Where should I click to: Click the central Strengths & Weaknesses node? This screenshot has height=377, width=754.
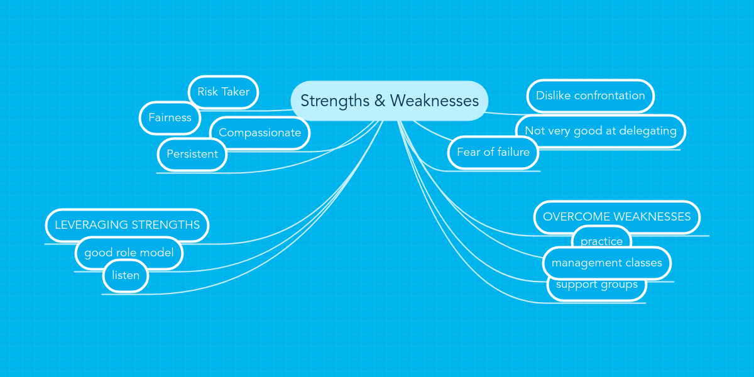[x=389, y=101]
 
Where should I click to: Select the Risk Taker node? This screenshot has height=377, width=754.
[x=223, y=92]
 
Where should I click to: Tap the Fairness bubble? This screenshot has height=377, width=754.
[x=170, y=117]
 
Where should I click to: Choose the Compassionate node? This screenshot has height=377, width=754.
[x=260, y=133]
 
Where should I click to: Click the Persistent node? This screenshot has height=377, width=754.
[x=192, y=154]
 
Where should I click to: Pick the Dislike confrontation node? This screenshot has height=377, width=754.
[x=590, y=96]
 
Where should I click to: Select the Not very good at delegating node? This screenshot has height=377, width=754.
[x=600, y=131]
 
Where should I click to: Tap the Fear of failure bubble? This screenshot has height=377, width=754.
[x=493, y=152]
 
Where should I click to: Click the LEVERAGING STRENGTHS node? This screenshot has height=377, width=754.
[x=127, y=225]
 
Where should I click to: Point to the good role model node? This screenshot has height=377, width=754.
[x=129, y=253]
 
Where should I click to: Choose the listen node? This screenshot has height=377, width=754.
[x=126, y=275]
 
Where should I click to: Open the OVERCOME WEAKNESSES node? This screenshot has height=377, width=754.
[x=616, y=217]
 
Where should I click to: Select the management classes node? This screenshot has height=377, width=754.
[x=606, y=263]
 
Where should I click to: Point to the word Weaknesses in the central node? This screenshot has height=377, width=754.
[x=434, y=101]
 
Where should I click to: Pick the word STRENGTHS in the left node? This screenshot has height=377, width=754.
[x=165, y=225]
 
